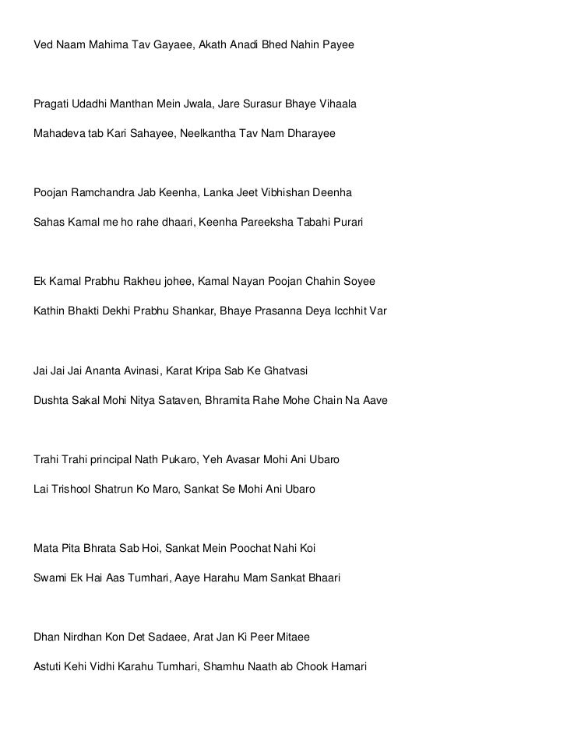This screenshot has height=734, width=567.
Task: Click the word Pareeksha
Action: [x=263, y=223]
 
